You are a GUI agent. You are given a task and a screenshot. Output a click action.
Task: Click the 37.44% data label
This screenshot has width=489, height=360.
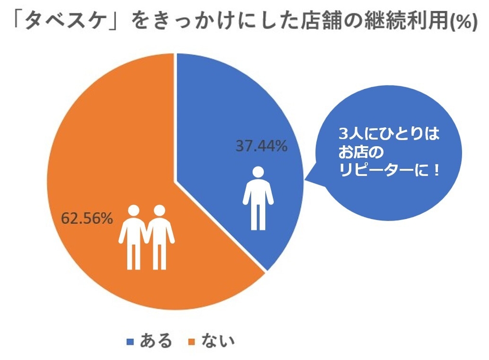click(262, 146)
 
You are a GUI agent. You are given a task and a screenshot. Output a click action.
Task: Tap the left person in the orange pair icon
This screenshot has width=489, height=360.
click(133, 237)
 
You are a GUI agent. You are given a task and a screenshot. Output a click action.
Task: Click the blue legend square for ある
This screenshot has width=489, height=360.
click(131, 342)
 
